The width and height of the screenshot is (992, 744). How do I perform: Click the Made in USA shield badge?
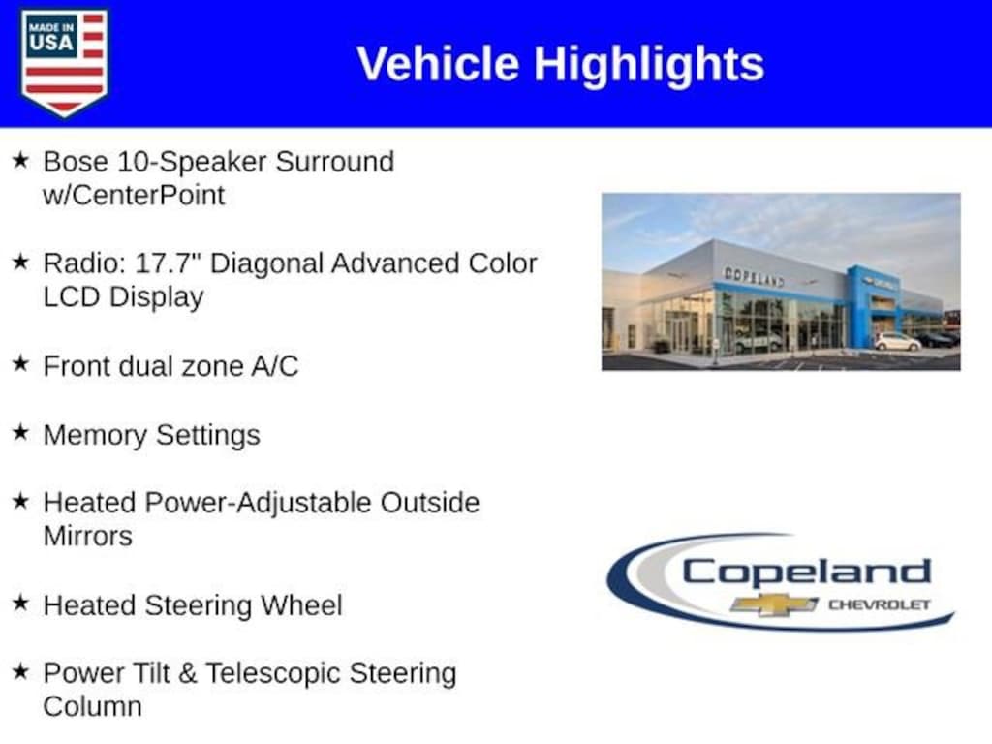coord(64,62)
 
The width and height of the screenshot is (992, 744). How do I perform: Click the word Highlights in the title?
coord(648,64)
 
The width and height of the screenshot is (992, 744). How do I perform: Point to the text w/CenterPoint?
coord(134,195)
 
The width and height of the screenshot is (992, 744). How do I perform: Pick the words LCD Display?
coord(123,297)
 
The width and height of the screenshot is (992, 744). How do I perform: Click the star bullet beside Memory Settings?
coord(20,433)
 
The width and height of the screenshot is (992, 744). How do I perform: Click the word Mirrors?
coord(87,537)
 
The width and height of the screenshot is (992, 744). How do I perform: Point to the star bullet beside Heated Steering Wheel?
coord(20,604)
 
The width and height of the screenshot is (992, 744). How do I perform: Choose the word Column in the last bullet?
coord(92,706)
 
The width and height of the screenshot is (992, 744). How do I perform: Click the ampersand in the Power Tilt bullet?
coord(188,673)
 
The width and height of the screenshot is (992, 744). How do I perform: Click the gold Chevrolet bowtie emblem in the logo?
coord(773,604)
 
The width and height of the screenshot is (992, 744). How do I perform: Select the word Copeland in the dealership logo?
coord(806,572)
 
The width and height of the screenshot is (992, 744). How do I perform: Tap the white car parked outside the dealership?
coord(897,341)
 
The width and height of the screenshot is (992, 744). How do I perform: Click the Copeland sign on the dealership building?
coord(754,276)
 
